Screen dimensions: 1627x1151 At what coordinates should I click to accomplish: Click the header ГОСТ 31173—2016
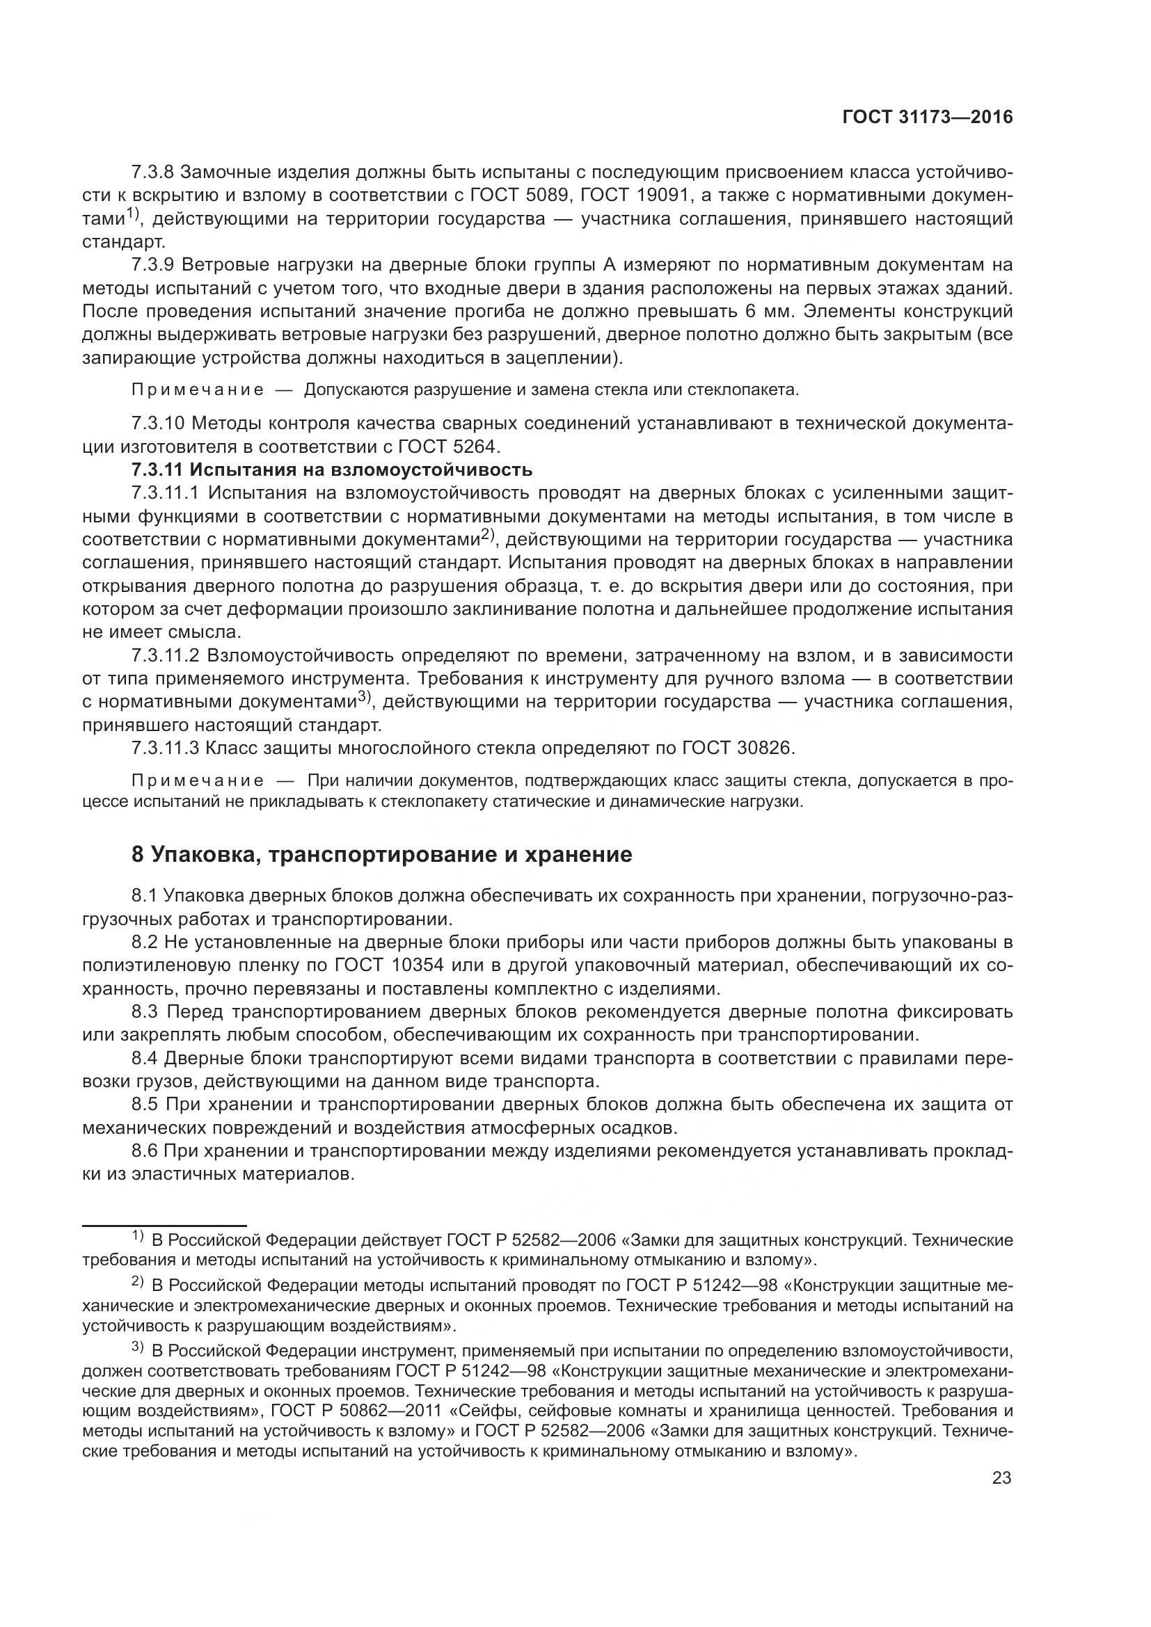(x=927, y=118)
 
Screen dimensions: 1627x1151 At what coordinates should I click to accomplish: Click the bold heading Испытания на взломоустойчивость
(x=360, y=469)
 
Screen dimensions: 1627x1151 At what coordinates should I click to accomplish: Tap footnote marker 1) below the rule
(x=138, y=1237)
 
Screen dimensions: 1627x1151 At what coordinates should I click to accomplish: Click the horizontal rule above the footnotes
(x=164, y=1225)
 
